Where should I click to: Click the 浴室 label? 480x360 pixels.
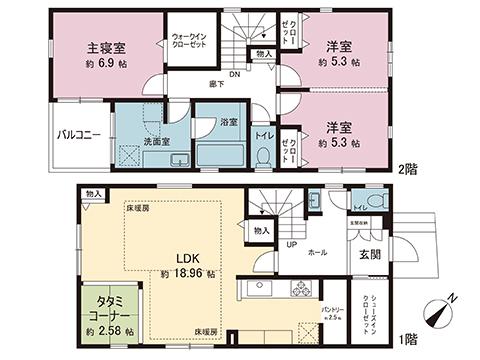229,122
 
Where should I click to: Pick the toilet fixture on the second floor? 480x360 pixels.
263,157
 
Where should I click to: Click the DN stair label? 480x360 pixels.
234,74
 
